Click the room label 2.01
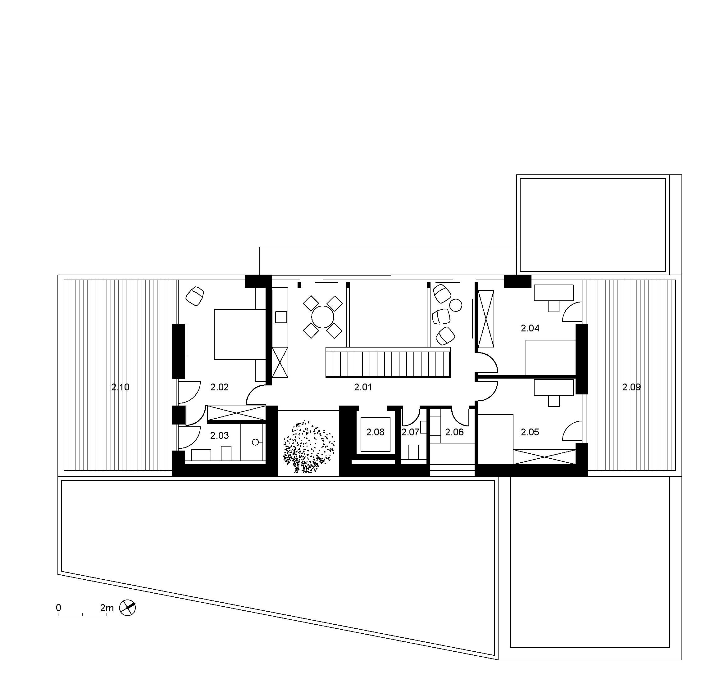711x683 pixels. coord(363,387)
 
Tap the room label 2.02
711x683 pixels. coord(220,387)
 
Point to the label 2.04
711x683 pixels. coord(530,328)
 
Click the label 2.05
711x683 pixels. coord(530,432)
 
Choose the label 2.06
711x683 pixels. coord(454,432)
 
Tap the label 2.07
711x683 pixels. coord(410,432)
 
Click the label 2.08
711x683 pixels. coord(375,432)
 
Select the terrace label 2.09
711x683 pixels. coord(631,387)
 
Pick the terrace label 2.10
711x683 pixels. coord(120,387)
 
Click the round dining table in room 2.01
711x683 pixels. coord(323,317)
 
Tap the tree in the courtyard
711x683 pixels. coord(309,447)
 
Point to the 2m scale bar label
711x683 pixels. coord(107,608)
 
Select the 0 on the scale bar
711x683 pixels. coord(59,608)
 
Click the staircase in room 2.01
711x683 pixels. coord(388,362)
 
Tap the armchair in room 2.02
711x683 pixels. coord(195,296)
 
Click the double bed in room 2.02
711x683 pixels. coord(240,334)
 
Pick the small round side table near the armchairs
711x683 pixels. coord(456,305)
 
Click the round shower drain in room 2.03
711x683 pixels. coord(255,443)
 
